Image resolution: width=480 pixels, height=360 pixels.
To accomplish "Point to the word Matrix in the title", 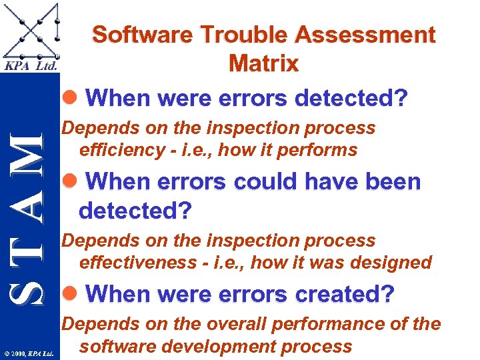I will (263, 63).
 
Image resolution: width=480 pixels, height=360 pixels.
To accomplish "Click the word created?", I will (349, 294).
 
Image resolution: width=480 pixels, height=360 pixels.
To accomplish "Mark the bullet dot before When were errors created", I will (75, 295).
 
